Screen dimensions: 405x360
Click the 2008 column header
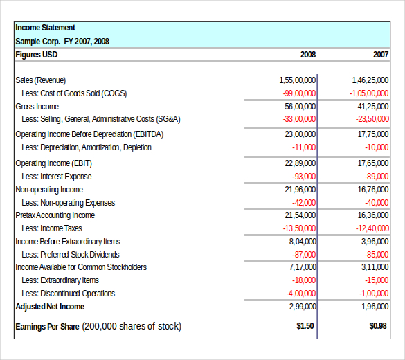[x=308, y=55]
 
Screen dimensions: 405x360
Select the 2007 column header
[x=381, y=55]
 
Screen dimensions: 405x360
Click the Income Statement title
[x=45, y=28]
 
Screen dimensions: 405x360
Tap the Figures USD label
[x=37, y=55]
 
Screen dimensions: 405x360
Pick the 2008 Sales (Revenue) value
[x=297, y=80]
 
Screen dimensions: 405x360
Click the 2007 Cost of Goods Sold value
[x=369, y=93]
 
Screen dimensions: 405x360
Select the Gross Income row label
[x=37, y=107]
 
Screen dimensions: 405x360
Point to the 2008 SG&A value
[x=299, y=119]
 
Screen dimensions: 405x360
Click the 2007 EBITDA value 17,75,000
[x=373, y=134]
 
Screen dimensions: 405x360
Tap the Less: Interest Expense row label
[x=57, y=177]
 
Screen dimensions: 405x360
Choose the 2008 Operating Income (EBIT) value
[x=300, y=163]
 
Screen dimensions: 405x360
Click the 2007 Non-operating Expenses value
[x=377, y=203]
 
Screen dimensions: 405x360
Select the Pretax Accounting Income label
[x=55, y=215]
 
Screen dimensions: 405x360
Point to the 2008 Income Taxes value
[x=299, y=228]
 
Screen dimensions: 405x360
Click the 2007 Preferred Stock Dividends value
[x=377, y=255]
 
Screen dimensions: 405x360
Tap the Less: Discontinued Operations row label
[x=68, y=294]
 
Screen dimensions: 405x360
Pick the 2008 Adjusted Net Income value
[x=303, y=307]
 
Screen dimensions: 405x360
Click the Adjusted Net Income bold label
[x=50, y=307]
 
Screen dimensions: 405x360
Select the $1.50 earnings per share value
[x=305, y=326]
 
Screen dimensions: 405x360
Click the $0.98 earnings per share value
[x=378, y=326]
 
